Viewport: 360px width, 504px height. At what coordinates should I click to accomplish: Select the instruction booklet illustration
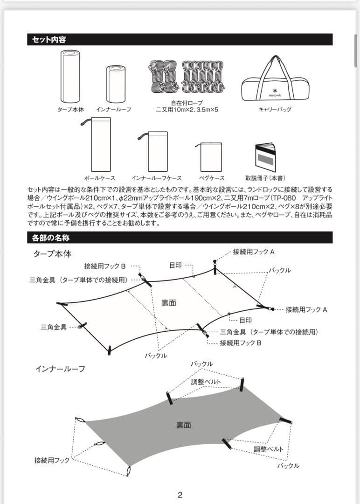point(265,155)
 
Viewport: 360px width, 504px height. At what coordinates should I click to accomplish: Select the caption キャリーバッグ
point(275,109)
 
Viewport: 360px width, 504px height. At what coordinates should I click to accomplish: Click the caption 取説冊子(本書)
point(265,178)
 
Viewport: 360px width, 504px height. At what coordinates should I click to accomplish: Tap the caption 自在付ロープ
point(187,103)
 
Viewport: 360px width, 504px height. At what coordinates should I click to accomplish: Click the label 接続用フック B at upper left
point(105,266)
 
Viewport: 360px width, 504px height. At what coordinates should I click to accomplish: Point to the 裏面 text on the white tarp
point(169,302)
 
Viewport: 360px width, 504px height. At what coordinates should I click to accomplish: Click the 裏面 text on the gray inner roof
point(183,425)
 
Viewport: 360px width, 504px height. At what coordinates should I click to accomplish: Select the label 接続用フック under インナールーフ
point(52,460)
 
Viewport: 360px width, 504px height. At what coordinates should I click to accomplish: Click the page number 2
point(180,495)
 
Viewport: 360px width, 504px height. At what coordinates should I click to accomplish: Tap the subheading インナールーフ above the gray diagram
point(61,369)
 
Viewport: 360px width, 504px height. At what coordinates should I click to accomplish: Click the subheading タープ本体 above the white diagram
point(52,254)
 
